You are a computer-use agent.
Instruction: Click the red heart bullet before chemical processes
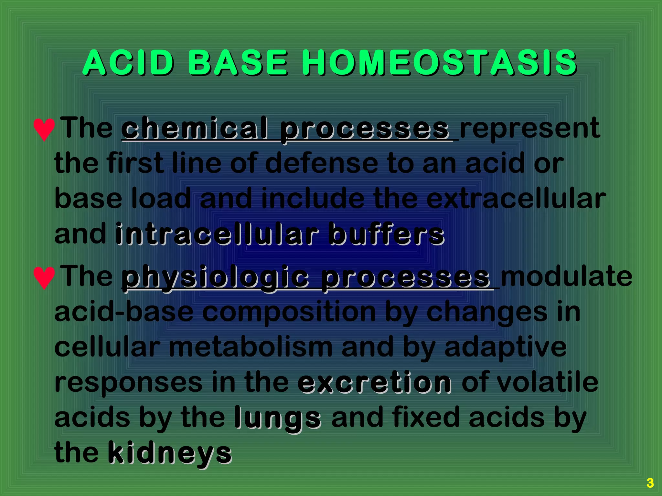coord(44,129)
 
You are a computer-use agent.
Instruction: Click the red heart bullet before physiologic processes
coord(44,277)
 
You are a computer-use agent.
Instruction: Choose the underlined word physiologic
coord(215,277)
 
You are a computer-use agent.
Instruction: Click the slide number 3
coord(650,483)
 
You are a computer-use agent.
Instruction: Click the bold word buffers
coord(386,234)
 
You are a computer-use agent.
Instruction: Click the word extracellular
coord(516,199)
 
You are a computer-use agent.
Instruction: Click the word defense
coord(321,163)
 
